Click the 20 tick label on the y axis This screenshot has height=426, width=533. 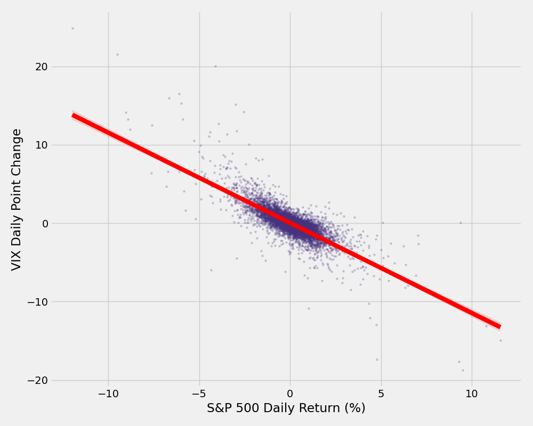[x=42, y=67]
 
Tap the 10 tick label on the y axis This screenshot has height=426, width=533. [x=42, y=145]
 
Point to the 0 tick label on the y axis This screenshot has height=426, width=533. [x=45, y=224]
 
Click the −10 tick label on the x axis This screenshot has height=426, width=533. [x=108, y=394]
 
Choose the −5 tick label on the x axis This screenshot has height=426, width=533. [x=199, y=394]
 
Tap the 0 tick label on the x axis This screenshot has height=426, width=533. [x=290, y=394]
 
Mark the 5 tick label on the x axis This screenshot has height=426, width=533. [x=381, y=394]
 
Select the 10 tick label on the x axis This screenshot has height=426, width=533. [x=472, y=394]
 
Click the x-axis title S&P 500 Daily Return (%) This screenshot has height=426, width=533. [x=286, y=408]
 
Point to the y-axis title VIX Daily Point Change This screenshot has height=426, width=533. [x=17, y=199]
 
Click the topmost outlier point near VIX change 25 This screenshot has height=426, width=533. [x=73, y=28]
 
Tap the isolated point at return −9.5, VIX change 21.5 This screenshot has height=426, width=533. [x=118, y=54]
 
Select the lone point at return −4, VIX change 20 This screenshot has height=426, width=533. [x=216, y=67]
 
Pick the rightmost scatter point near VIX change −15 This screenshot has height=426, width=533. [x=500, y=340]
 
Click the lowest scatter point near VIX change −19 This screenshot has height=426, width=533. [x=463, y=370]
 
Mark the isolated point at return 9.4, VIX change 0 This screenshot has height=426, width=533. [x=461, y=223]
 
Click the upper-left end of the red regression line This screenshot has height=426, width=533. [x=74, y=116]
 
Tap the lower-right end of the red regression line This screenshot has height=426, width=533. [x=499, y=327]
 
